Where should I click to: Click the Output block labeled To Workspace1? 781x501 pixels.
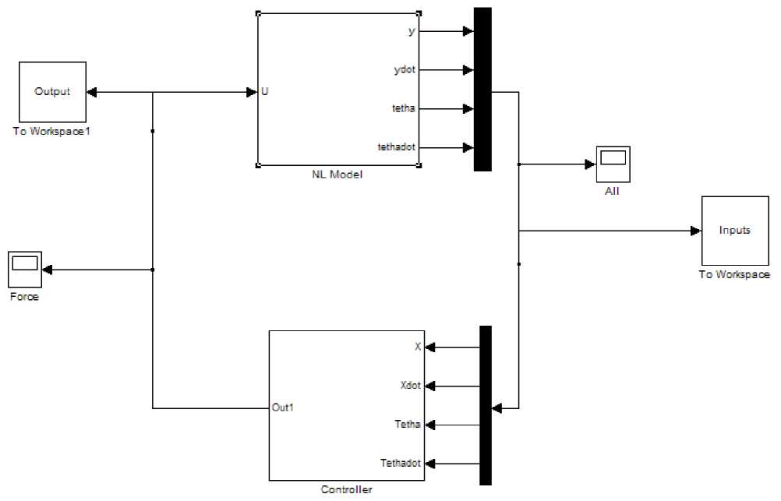(51, 91)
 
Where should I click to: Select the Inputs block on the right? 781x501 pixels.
(735, 231)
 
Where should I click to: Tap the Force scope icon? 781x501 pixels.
(24, 270)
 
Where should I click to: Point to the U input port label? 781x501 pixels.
(265, 92)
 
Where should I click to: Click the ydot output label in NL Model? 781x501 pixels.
(405, 70)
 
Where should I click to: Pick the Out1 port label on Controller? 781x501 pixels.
(283, 407)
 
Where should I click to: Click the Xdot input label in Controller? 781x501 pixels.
(411, 385)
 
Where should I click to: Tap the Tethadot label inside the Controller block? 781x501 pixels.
(401, 463)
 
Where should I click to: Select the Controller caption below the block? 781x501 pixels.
(347, 490)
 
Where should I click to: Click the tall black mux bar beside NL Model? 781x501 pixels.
(482, 89)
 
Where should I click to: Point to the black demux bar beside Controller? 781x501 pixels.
(486, 405)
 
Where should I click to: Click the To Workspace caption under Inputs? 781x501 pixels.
(734, 275)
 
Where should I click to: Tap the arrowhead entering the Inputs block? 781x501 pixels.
(695, 231)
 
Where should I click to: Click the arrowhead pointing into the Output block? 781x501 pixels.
(90, 92)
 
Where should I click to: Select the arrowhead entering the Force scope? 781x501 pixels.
(47, 270)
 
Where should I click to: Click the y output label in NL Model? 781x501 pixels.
(412, 31)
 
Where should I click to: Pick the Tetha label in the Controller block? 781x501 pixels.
(408, 425)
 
